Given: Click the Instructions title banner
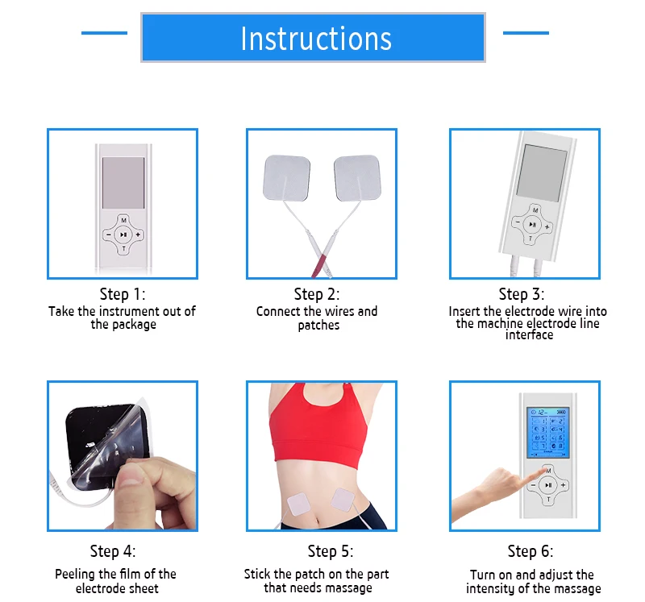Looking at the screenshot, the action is (x=313, y=37).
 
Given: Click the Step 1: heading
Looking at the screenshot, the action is (x=123, y=294).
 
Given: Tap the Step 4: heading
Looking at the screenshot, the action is (x=113, y=551).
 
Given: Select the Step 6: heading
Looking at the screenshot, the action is (x=531, y=551).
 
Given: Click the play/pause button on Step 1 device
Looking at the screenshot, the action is (x=123, y=235).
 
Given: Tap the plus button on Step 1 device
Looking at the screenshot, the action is (x=138, y=235).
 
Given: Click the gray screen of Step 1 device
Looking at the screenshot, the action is (x=123, y=183).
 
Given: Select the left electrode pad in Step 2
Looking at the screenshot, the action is (x=286, y=178).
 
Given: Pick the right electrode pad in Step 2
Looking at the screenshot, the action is (x=357, y=178).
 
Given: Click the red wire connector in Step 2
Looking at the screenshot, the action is (x=318, y=265).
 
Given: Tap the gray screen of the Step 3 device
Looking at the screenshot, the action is (x=542, y=173).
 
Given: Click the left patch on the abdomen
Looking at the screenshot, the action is (x=298, y=504).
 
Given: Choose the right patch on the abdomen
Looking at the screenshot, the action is (x=343, y=499).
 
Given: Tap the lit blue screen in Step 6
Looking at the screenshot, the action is (x=548, y=433).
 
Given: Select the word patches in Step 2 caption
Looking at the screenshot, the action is (x=318, y=326).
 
